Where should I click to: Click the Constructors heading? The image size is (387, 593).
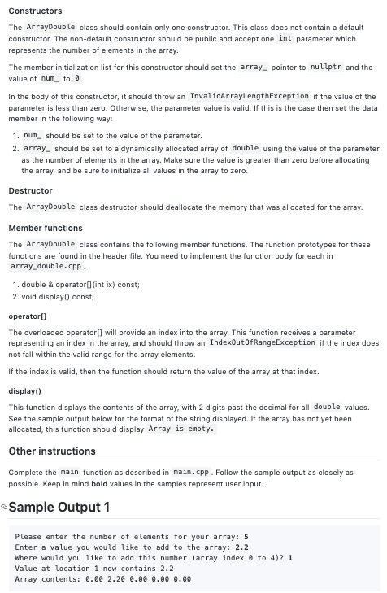[35, 11]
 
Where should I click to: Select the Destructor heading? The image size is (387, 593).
[30, 190]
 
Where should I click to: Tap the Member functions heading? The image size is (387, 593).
[46, 228]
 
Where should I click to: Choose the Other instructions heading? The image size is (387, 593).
[52, 451]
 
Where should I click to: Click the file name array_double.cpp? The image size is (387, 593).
[46, 266]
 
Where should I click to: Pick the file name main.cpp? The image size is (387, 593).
[193, 472]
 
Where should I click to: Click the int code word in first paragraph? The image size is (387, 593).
[285, 38]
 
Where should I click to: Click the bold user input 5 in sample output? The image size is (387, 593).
[246, 537]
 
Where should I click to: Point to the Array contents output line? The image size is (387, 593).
[102, 579]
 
